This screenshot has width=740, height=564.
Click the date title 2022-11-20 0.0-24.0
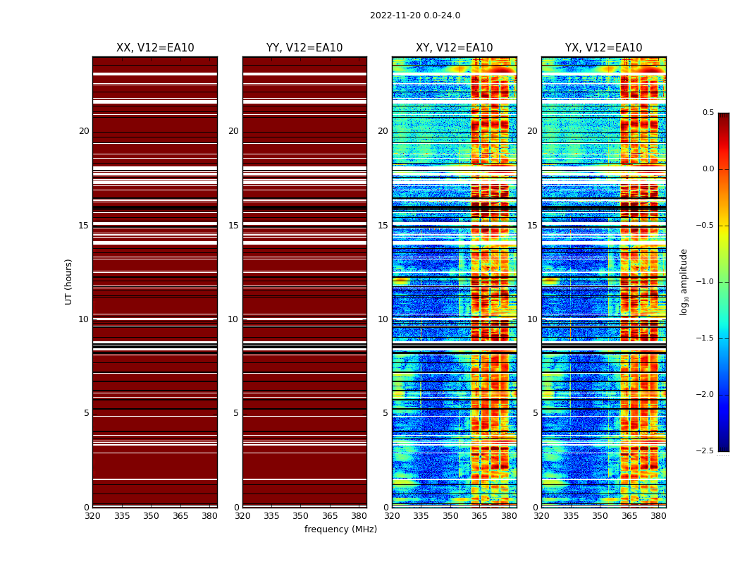coord(414,16)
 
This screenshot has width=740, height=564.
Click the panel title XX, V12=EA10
coord(155,48)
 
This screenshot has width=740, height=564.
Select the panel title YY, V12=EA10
coord(304,48)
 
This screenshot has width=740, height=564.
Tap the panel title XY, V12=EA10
coord(454,48)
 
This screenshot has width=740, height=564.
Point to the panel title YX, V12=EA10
coord(603,48)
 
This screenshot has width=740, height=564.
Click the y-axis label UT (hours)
coord(69,281)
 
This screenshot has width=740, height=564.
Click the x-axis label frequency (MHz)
coord(340,529)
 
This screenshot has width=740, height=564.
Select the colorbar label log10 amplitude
coord(683,281)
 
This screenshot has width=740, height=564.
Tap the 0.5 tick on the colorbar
coord(708,113)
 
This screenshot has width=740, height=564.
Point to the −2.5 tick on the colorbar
coord(705,451)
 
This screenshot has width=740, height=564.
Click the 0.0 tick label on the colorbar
coord(708,169)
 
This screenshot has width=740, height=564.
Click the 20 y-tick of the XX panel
coord(84,131)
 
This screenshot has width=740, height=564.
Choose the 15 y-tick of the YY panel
coord(233,226)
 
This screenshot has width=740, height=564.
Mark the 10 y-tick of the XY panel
coord(383,319)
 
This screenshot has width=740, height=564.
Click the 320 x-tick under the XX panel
coord(92,516)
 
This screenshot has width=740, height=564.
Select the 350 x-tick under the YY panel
coord(300,516)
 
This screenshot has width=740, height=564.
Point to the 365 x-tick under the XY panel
coord(479,516)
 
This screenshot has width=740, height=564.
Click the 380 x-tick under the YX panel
coord(658,516)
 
